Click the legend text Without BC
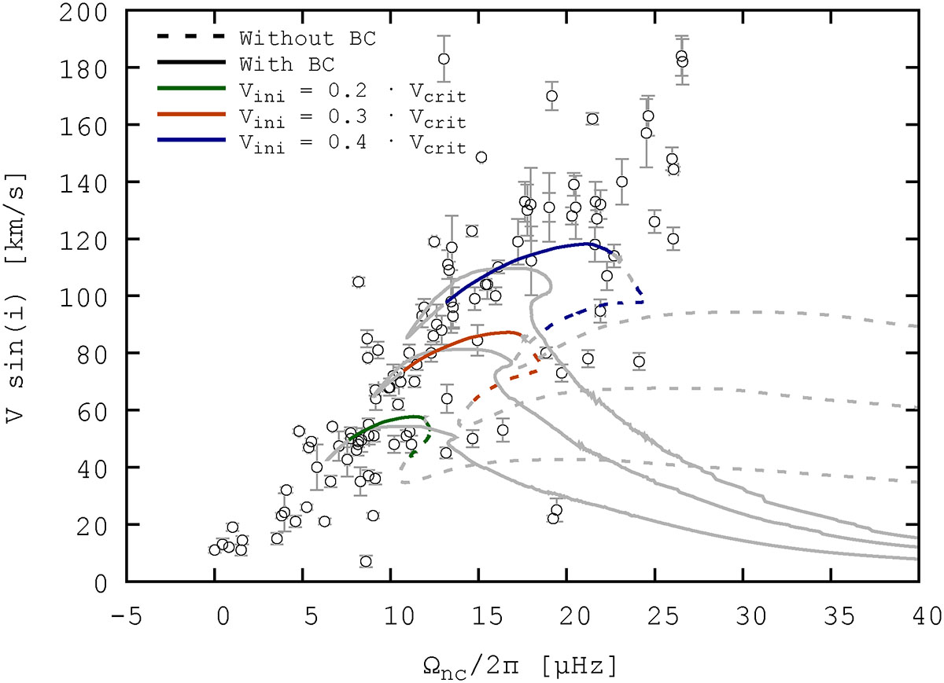point(308,38)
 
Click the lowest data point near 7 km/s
point(365,561)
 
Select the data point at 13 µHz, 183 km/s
point(444,58)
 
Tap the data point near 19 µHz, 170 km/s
point(551,96)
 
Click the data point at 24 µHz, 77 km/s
point(639,362)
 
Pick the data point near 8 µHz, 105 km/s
point(358,281)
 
